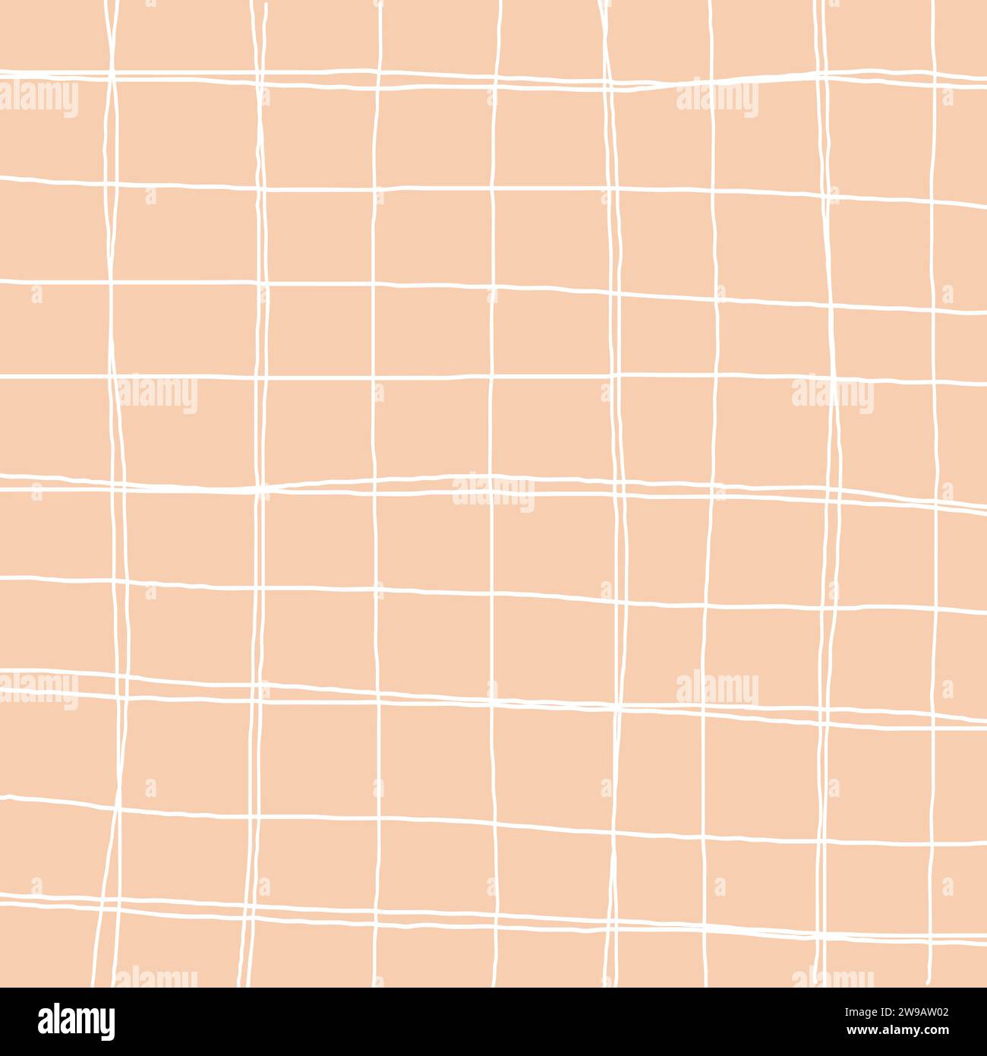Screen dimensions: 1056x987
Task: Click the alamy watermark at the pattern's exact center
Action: point(493,493)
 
